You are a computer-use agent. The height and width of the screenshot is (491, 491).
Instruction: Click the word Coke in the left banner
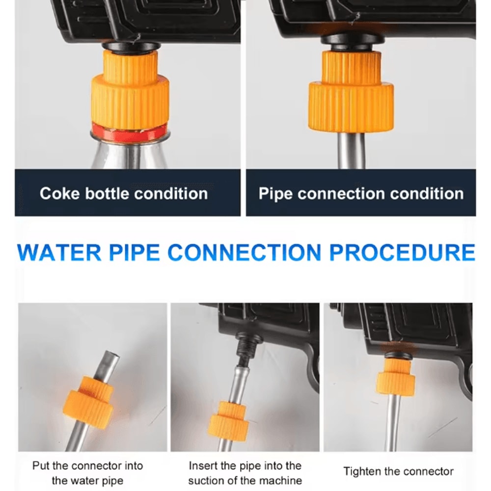tap(59, 193)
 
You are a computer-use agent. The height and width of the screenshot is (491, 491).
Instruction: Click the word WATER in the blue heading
tap(59, 252)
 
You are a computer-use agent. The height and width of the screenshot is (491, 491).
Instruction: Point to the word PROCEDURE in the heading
tap(403, 252)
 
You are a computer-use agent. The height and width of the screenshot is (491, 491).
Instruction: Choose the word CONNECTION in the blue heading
tap(245, 252)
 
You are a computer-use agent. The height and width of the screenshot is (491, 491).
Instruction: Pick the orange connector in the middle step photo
tap(229, 421)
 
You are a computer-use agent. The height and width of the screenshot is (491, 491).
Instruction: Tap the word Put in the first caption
tap(41, 465)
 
